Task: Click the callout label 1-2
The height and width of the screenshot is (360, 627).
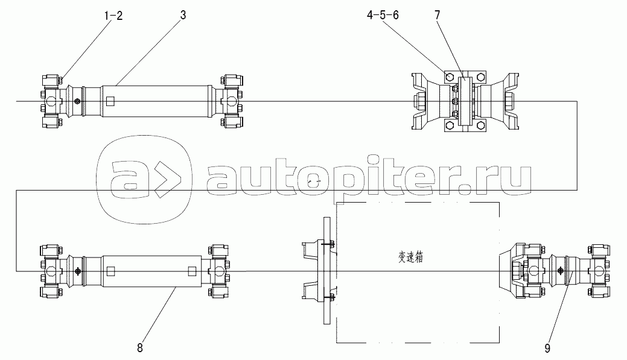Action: [x=113, y=16]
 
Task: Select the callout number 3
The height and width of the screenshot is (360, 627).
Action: [x=183, y=16]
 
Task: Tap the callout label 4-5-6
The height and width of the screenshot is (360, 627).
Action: [x=383, y=15]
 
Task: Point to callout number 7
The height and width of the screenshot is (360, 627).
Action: [x=437, y=15]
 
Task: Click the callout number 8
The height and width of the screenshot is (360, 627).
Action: [x=139, y=348]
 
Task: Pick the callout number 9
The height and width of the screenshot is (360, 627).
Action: [x=547, y=349]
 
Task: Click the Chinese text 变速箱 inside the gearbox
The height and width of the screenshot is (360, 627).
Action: [x=411, y=257]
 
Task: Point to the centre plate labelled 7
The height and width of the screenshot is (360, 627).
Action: [x=466, y=101]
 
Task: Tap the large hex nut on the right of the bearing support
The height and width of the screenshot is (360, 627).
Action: [x=512, y=101]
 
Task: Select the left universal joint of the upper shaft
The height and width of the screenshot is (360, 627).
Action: [x=51, y=101]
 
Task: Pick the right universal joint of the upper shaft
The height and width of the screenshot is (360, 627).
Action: [x=231, y=101]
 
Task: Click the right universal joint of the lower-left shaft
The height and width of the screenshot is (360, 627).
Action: [x=218, y=271]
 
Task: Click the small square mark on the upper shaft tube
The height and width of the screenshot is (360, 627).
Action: [x=111, y=101]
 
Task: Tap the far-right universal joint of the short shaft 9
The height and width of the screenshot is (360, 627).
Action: [x=599, y=271]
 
